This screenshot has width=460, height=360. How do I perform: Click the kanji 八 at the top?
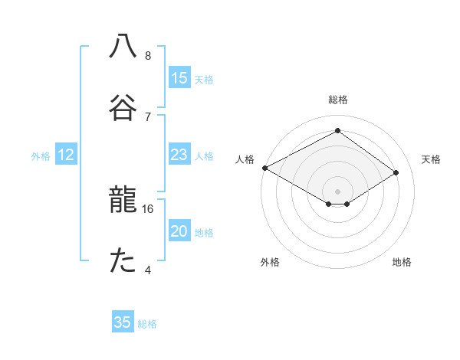click(x=123, y=46)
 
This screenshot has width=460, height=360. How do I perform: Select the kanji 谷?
click(x=123, y=106)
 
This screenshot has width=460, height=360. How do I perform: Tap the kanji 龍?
click(x=123, y=202)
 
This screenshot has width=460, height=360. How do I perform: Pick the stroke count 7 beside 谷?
click(x=148, y=116)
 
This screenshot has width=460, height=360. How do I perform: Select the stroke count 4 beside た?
click(x=148, y=270)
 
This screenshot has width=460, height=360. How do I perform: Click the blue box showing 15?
click(x=179, y=78)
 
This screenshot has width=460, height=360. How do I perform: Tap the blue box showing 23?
click(x=179, y=155)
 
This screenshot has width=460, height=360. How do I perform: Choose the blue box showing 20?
click(x=179, y=231)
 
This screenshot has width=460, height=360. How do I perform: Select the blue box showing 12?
click(x=66, y=155)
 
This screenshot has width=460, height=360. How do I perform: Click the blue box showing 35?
click(x=123, y=322)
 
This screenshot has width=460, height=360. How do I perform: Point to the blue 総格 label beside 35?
click(x=147, y=324)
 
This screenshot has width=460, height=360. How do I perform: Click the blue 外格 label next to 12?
click(x=41, y=156)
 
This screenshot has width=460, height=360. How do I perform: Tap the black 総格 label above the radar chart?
click(x=338, y=100)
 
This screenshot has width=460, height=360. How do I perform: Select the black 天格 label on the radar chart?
click(x=431, y=159)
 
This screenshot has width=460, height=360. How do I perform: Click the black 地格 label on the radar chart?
click(x=402, y=262)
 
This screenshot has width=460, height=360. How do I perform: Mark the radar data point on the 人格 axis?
click(x=264, y=167)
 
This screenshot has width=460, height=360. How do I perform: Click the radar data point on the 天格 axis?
click(x=396, y=172)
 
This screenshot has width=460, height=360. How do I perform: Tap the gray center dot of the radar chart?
click(x=338, y=191)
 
